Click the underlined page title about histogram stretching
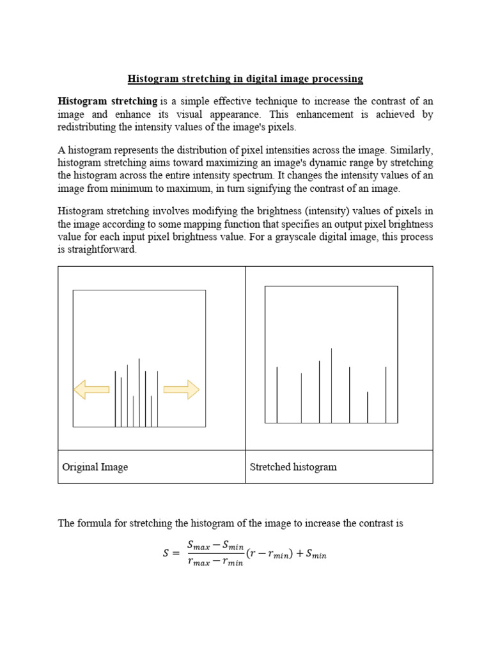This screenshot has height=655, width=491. [245, 79]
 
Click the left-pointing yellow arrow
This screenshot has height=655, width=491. [91, 389]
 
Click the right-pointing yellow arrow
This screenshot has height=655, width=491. [182, 389]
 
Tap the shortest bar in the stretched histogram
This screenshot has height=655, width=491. [367, 407]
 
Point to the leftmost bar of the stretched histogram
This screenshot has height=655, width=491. [277, 395]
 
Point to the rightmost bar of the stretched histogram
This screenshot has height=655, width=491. [386, 395]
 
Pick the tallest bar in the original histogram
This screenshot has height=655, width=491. [139, 392]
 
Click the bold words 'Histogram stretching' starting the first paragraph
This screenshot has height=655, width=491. [107, 101]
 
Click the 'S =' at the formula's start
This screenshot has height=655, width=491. [171, 554]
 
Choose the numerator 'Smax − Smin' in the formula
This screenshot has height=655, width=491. [215, 545]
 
